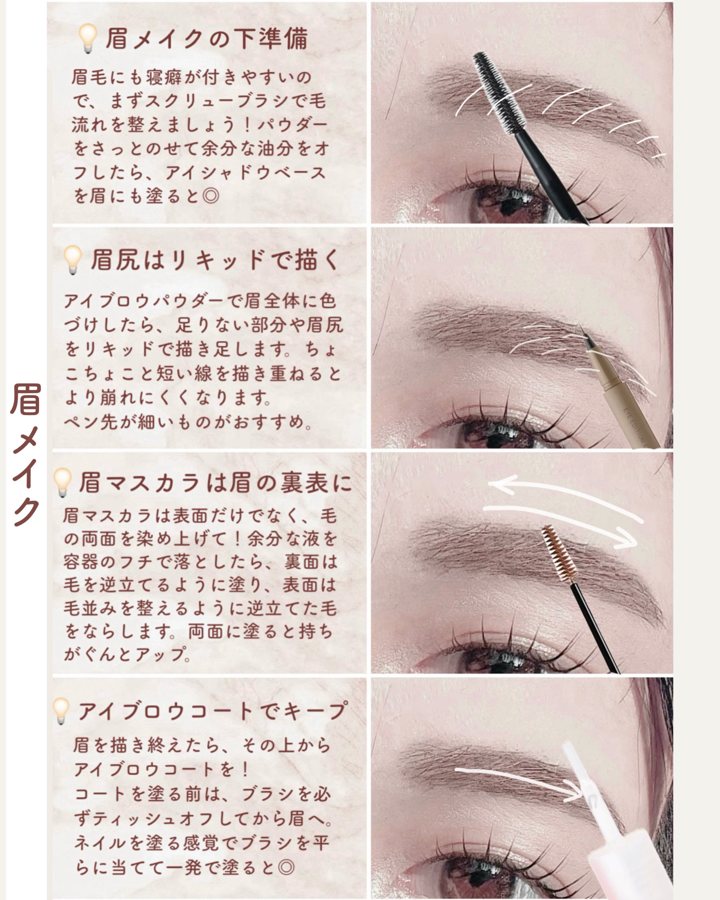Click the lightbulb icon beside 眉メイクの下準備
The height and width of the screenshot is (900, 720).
(x=88, y=38)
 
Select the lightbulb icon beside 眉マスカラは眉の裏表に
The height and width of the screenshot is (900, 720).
(x=63, y=482)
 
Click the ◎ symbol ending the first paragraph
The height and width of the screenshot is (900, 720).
(x=210, y=195)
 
